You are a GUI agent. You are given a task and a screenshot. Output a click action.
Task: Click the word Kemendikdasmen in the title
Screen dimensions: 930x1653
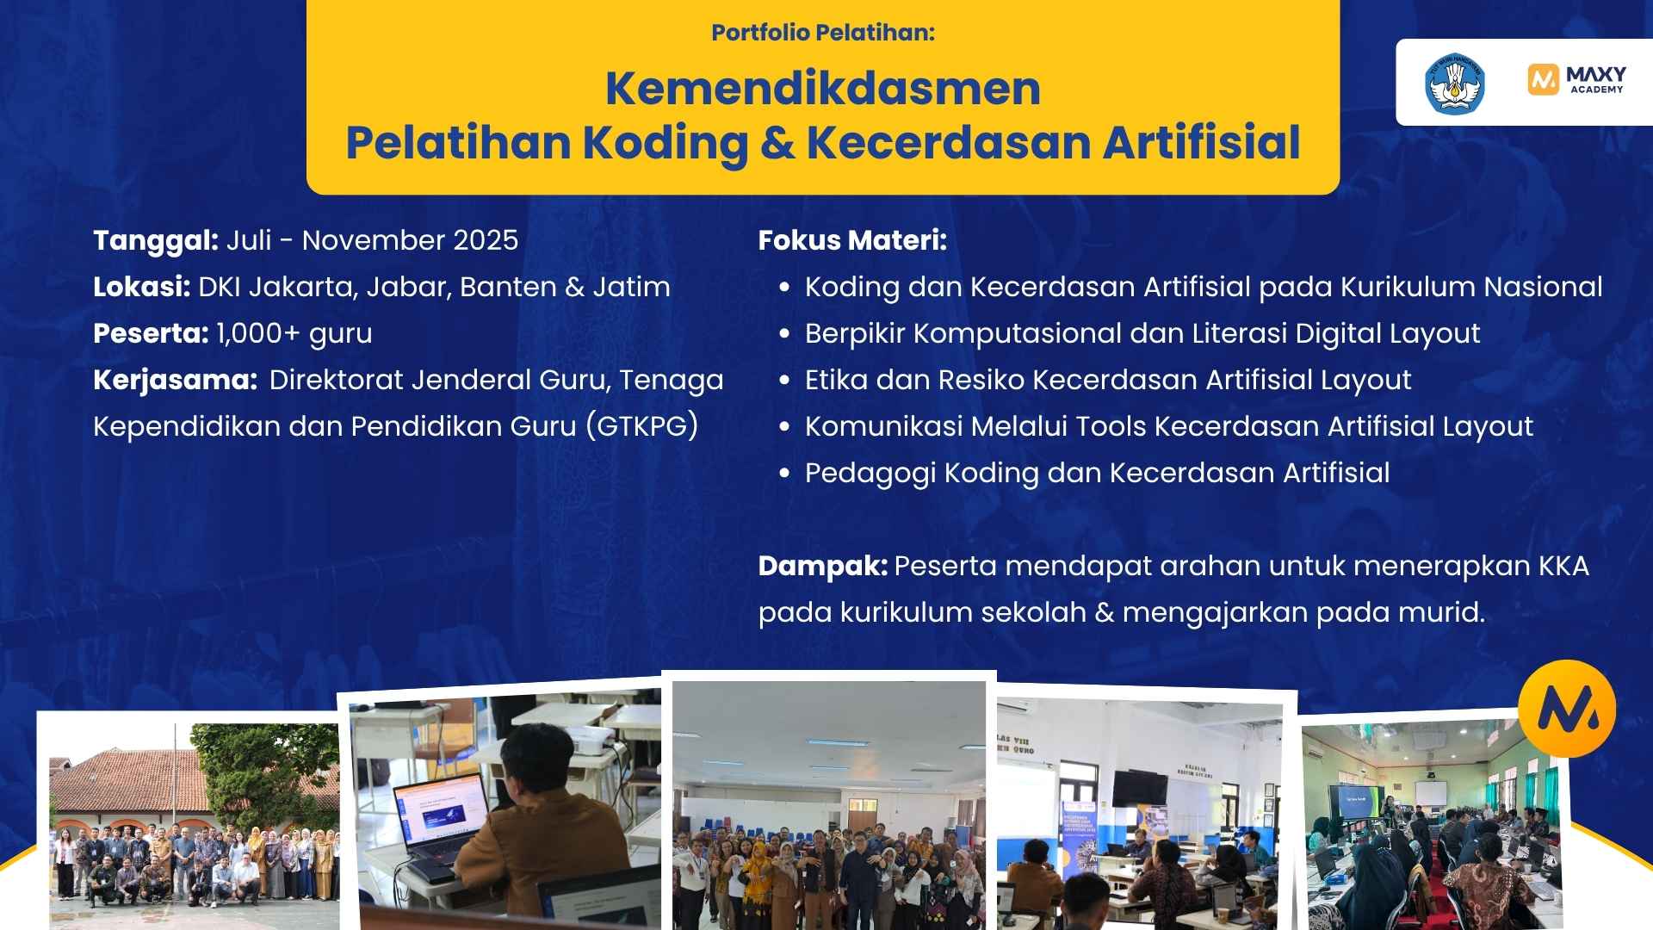point(822,88)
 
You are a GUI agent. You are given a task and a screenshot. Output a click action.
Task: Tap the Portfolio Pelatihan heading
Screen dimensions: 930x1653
point(822,33)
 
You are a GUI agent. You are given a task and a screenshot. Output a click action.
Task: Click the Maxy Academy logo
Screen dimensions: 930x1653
point(1576,79)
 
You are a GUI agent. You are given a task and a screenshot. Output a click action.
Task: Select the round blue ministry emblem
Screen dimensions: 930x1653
point(1454,84)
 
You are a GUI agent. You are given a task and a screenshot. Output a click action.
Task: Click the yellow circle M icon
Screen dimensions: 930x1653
point(1567,708)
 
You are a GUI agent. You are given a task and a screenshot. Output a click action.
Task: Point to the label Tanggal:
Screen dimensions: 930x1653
point(156,240)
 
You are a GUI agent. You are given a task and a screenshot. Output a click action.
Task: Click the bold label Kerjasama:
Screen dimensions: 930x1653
point(175,380)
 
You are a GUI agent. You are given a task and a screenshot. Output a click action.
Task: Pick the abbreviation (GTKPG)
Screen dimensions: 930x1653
point(641,426)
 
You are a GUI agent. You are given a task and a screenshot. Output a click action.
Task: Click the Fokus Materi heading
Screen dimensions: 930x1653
point(851,240)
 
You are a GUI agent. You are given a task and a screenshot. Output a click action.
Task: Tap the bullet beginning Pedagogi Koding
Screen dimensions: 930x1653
point(1096,473)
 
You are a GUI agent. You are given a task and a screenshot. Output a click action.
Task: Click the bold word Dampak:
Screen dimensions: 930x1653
point(822,566)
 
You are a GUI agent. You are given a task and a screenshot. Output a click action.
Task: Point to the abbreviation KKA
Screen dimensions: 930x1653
point(1563,566)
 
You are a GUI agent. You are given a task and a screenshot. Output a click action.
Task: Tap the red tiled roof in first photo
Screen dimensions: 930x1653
point(129,775)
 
